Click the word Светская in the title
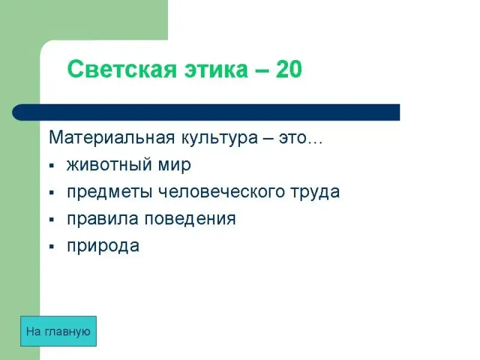[x=122, y=69]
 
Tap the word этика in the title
[x=216, y=70]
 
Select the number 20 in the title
[x=289, y=69]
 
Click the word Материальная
[x=112, y=137]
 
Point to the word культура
[x=220, y=139]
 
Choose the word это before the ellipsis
[x=292, y=139]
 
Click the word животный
[x=109, y=166]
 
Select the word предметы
[x=110, y=193]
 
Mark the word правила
[x=103, y=220]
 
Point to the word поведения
[x=190, y=220]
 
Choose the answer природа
[x=103, y=247]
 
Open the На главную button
[x=58, y=331]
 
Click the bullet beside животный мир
[x=52, y=166]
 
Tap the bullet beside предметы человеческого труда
[x=52, y=193]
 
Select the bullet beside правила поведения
[x=52, y=220]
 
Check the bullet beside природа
[x=52, y=247]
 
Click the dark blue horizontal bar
[x=206, y=112]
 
